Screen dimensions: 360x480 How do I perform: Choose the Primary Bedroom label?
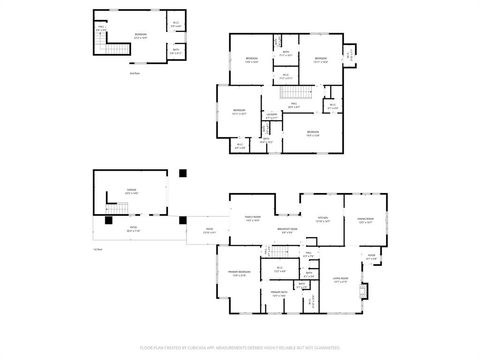coord(239,274)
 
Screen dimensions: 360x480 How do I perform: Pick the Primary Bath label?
coord(278,293)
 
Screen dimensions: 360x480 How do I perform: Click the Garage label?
coord(131,192)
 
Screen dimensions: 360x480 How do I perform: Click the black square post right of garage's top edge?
coord(183,173)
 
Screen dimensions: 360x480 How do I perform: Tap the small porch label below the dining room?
coord(371,256)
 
